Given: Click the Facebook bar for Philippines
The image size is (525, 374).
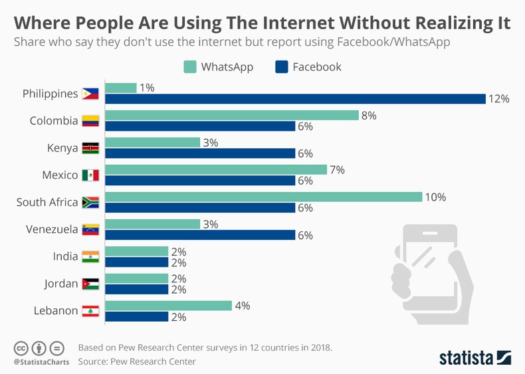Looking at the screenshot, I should tap(295, 99).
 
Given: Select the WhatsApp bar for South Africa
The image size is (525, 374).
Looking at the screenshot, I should tap(263, 197).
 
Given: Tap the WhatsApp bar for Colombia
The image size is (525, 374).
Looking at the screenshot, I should tap(232, 115).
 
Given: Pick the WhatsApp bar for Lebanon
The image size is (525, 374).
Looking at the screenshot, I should tap(168, 306).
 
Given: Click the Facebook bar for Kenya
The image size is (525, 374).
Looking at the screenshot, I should tap(200, 153).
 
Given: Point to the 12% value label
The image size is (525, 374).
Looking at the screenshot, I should tap(498, 99).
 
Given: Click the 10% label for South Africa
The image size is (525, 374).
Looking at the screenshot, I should tap(436, 197).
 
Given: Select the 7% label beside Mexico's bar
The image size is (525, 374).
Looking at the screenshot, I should tap(337, 169).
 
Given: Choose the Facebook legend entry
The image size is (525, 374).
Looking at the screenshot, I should tap(308, 67).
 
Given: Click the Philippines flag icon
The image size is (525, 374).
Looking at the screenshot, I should tap(90, 94).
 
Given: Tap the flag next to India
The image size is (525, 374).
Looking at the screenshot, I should tap(90, 256).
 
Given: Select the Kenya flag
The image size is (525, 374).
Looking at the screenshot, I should tap(90, 148).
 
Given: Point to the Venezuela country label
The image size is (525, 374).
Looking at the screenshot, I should tap(52, 229).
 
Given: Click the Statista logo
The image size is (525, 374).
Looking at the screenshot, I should tap(474, 357).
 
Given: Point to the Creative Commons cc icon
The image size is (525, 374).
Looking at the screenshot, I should tap(21, 348).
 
